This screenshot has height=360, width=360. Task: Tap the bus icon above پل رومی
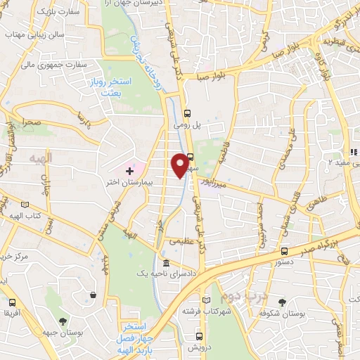click(187, 113)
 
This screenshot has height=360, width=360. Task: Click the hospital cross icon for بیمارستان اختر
click(129, 169)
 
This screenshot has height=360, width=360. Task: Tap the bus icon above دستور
click(283, 251)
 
